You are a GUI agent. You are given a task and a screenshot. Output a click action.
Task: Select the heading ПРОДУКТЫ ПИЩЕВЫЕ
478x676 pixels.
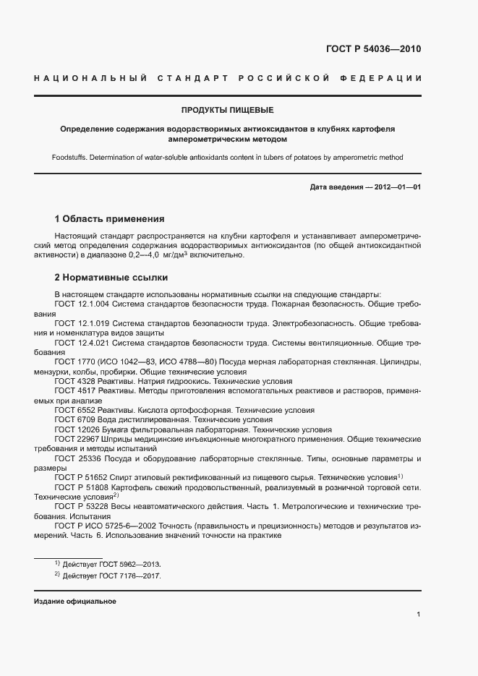click(227, 111)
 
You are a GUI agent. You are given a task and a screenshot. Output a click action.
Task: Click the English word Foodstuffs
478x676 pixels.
click(71, 158)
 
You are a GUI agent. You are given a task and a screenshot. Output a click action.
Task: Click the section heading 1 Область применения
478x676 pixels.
click(110, 218)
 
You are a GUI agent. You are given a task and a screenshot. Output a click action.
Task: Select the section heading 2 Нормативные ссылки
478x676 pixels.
click(111, 277)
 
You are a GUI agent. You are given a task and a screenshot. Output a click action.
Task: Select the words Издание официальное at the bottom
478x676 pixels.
click(75, 602)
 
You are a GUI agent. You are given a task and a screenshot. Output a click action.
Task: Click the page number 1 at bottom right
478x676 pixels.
click(419, 615)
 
